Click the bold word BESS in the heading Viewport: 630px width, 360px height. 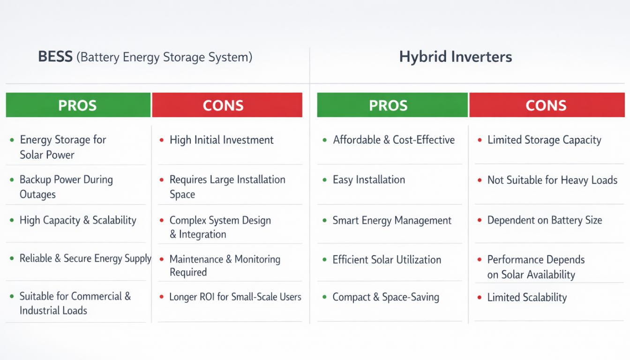tap(55, 57)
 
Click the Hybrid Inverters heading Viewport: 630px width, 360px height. tap(456, 57)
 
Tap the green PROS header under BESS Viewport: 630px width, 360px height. tap(78, 105)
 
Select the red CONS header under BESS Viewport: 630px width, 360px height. tap(227, 105)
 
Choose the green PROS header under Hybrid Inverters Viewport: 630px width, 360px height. tap(392, 105)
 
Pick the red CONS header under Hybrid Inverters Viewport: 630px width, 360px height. tap(547, 105)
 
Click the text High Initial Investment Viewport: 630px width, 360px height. tap(221, 140)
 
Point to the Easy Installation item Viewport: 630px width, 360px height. tap(369, 180)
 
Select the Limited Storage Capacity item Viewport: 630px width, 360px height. tap(544, 140)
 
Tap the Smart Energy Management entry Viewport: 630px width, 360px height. tap(392, 220)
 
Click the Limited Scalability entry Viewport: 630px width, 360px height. tap(527, 298)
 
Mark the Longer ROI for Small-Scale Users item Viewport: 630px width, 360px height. tap(235, 297)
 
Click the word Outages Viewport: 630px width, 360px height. tap(37, 195)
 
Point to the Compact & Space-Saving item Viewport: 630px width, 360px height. tap(386, 297)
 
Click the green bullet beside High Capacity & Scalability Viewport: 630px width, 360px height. tap(12, 220)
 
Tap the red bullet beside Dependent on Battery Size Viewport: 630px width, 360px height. tap(480, 220)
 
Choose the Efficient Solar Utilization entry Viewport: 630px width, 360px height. tap(387, 260)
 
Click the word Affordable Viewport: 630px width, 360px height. tap(357, 140)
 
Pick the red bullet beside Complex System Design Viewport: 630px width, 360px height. tap(161, 220)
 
